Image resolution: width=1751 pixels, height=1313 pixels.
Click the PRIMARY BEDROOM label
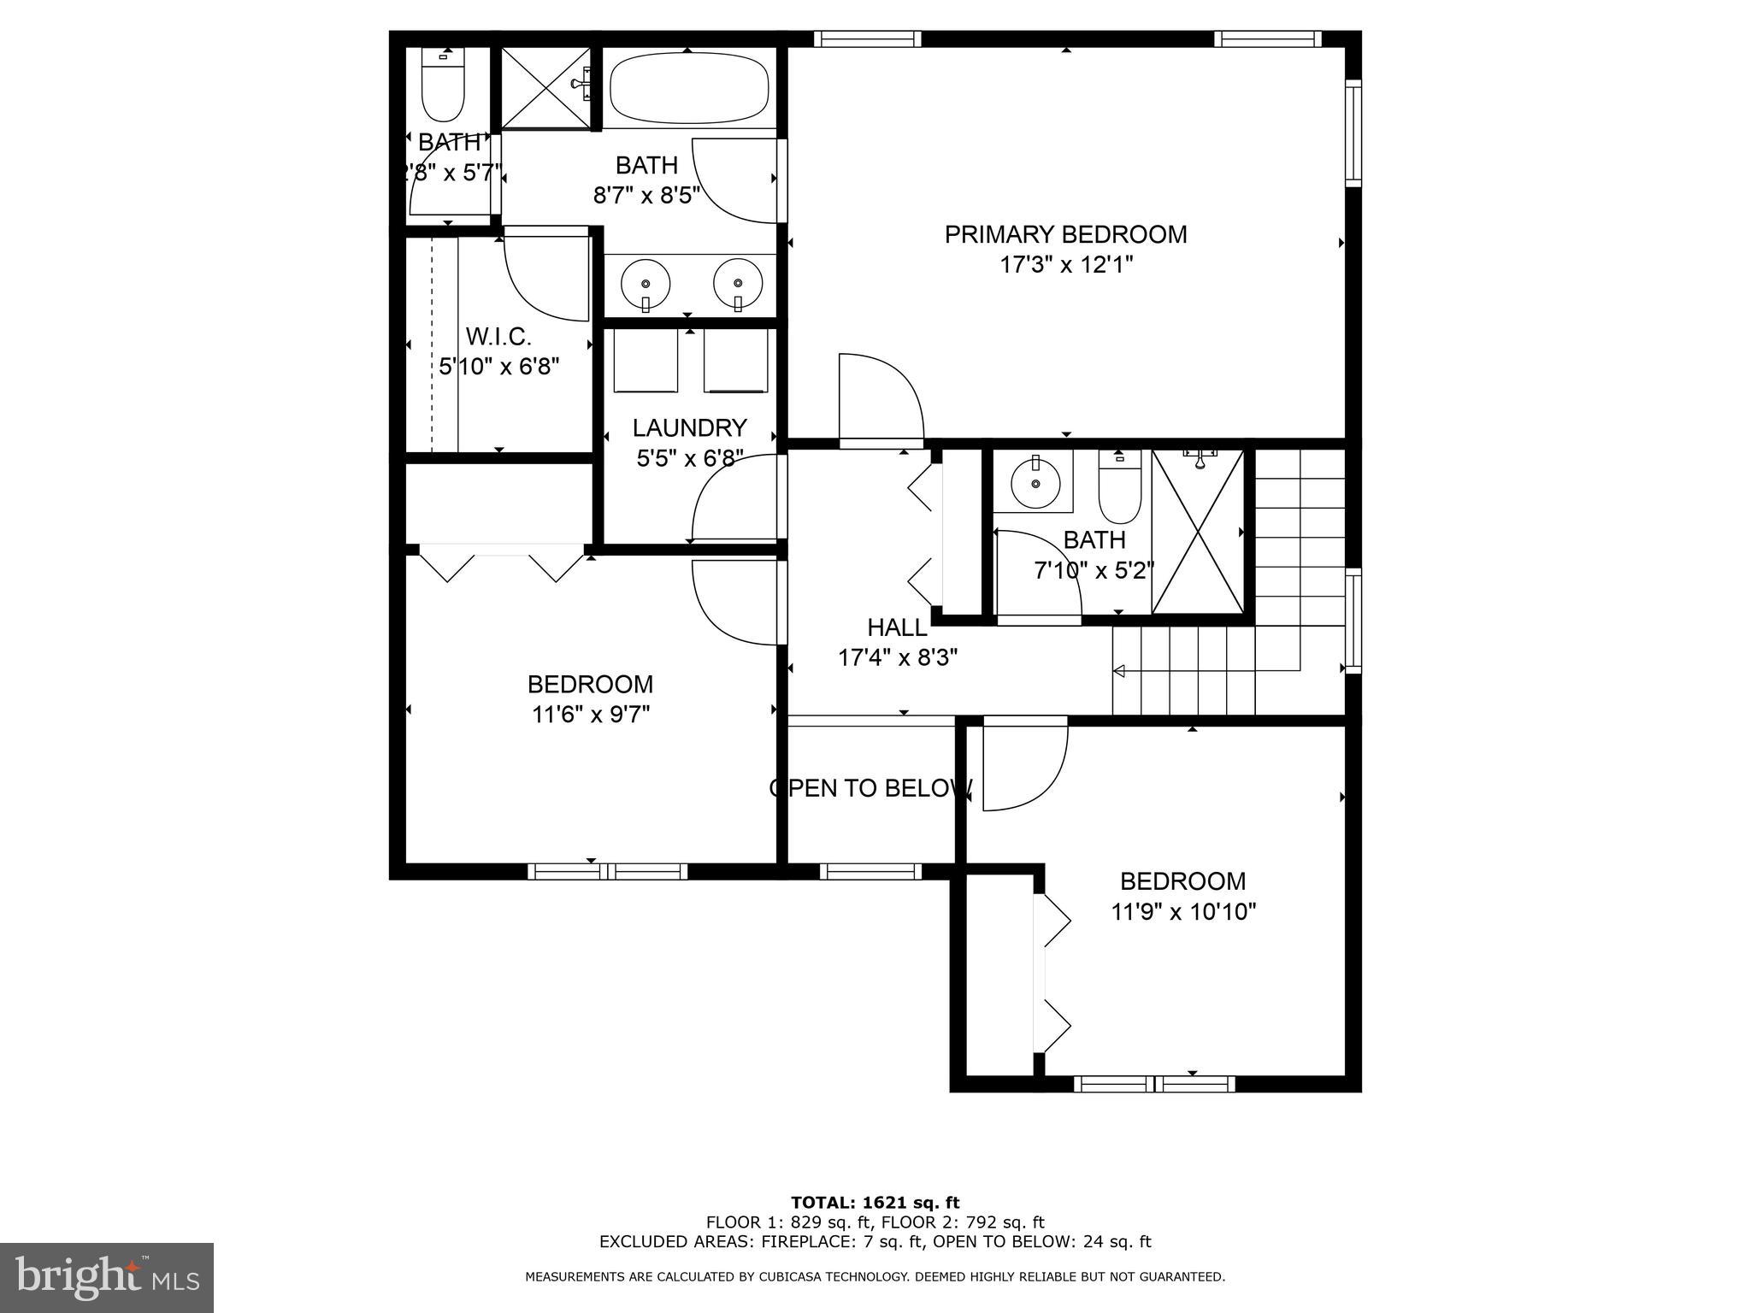pos(1065,234)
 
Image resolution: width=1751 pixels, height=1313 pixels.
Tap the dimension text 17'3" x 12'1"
pos(1065,265)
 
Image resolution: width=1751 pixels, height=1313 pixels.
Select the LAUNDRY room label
pos(689,427)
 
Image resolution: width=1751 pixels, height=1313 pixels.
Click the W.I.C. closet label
pos(498,336)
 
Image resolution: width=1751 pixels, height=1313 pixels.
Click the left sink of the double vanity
pos(646,282)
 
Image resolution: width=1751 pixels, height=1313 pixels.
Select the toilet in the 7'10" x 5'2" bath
pos(1119,492)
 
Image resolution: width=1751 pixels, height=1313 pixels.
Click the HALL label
pos(897,627)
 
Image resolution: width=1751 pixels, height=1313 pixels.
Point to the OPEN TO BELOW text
pos(870,788)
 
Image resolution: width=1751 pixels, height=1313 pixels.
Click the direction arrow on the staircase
pos(1118,672)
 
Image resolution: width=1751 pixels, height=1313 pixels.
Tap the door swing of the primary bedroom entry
pos(881,398)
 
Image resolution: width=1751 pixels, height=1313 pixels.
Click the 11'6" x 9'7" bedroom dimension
pos(590,715)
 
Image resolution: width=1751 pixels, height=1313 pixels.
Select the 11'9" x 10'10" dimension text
pos(1182,912)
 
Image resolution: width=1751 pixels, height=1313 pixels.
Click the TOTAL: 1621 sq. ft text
pos(875,1203)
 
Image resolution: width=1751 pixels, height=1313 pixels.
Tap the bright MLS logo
pos(107,1277)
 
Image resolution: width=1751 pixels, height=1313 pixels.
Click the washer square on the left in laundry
pos(646,360)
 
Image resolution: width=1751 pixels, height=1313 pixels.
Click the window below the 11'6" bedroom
pos(607,871)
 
